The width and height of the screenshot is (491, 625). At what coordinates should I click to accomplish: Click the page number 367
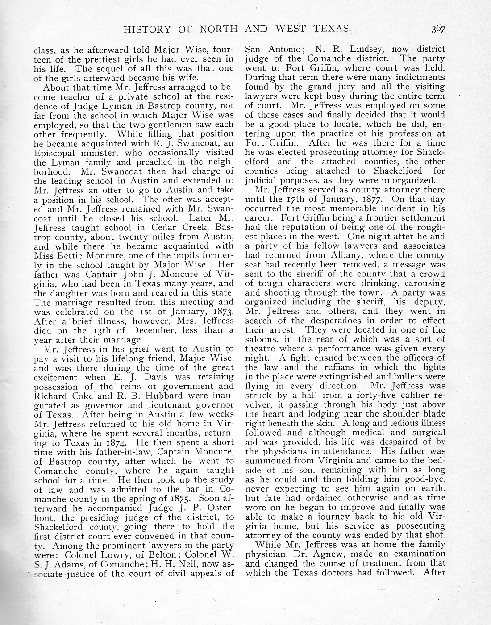click(438, 30)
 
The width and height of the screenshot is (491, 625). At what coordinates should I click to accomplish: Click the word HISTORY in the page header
click(144, 30)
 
